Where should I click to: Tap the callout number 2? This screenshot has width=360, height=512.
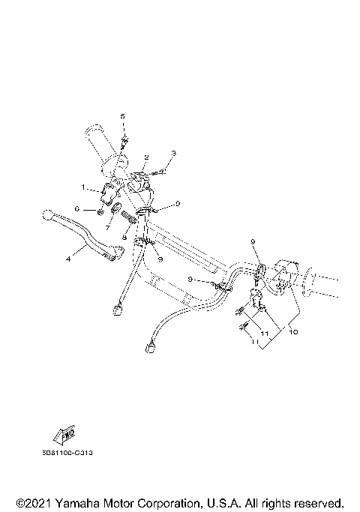[147, 157]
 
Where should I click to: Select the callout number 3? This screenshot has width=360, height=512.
[173, 153]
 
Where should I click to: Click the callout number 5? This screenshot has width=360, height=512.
[123, 116]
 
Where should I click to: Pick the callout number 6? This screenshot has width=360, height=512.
[76, 208]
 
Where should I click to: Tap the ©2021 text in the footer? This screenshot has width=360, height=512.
[33, 502]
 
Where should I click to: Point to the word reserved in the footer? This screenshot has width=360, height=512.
[317, 502]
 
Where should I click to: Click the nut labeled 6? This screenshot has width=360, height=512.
[100, 211]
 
